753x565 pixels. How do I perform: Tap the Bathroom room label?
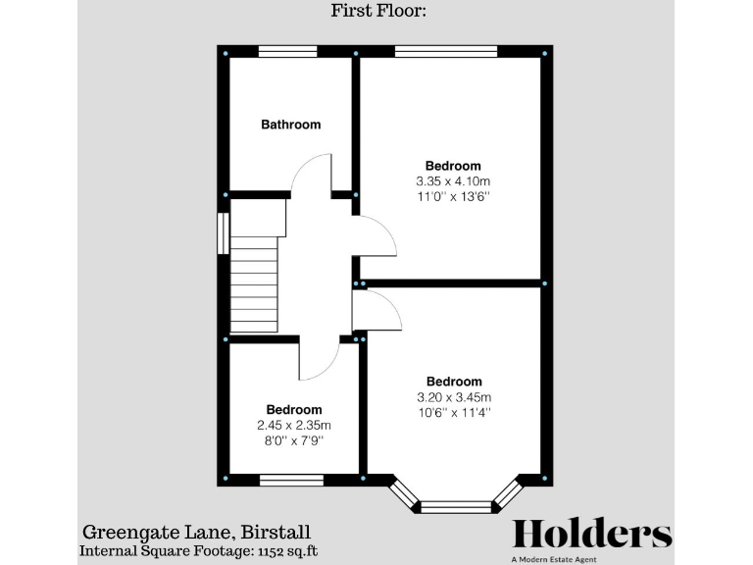point(290,125)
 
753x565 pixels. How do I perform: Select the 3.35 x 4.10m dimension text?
point(453,181)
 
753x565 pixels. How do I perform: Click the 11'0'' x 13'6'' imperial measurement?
point(453,197)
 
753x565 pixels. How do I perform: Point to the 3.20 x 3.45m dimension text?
point(453,397)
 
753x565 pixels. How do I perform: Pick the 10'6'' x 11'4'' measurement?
point(453,413)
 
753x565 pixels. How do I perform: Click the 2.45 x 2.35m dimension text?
point(293,426)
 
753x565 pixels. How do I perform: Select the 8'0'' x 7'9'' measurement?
point(293,441)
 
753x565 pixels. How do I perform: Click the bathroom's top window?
point(287,52)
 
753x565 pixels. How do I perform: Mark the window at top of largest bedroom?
point(445,52)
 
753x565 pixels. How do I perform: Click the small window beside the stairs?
point(223,233)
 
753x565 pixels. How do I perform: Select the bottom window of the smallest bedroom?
point(290,480)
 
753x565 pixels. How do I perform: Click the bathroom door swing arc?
point(312,172)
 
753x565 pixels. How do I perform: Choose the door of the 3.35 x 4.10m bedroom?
point(376,235)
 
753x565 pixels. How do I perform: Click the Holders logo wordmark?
point(592,534)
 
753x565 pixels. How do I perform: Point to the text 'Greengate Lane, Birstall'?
point(196,533)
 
